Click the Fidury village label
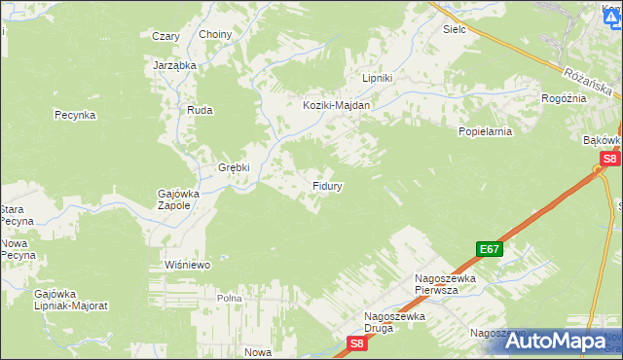point(326,184)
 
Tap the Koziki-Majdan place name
point(337,106)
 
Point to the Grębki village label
point(234,167)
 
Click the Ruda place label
point(200,110)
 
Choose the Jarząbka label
point(175,65)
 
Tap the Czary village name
point(165,36)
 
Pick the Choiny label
point(215,35)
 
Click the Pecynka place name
point(74,115)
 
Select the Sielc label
point(455,30)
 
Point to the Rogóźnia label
point(565,98)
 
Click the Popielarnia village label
point(485,129)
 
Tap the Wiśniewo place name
point(188,264)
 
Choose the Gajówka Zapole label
point(178,199)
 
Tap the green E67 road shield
point(490,249)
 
